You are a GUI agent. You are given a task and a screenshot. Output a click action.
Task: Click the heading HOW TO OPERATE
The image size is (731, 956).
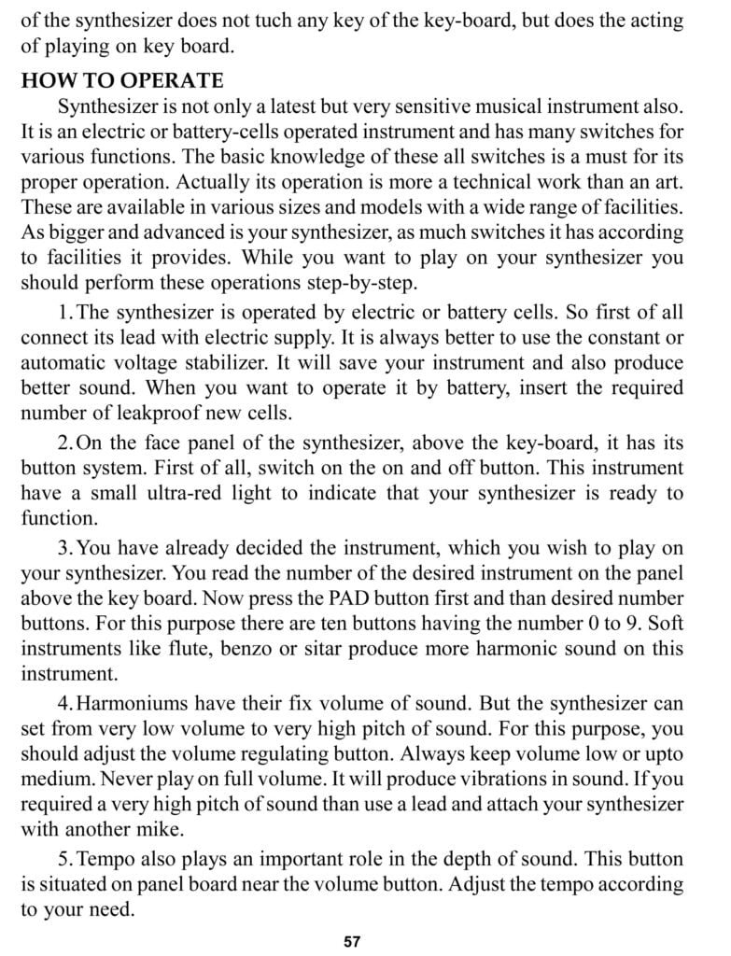(x=122, y=80)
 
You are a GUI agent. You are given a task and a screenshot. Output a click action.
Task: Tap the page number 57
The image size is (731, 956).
(x=352, y=941)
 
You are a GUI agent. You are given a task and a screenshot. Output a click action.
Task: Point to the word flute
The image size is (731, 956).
(x=218, y=647)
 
